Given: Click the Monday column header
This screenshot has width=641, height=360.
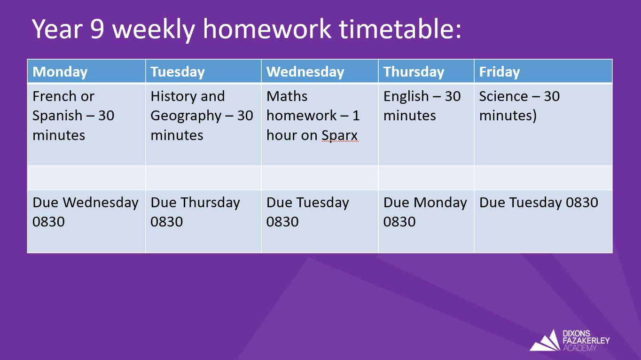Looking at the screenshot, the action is point(86,71).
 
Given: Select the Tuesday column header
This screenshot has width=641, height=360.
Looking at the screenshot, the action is point(203,71).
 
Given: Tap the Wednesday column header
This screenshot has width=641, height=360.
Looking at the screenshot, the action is point(320,71).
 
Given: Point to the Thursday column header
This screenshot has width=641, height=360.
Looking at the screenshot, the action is point(426,71).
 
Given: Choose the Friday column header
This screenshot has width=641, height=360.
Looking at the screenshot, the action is point(543,71).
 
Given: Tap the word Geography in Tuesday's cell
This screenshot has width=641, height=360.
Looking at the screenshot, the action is point(186,116).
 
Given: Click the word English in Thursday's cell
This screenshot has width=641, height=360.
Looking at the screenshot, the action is point(406,97).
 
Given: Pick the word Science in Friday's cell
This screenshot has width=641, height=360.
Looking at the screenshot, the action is point(503,96).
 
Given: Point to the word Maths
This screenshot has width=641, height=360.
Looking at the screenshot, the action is point(287,96).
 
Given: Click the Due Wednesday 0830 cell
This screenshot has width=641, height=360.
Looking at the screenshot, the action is point(86,221).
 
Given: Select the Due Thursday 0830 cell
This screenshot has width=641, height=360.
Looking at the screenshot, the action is point(203,221).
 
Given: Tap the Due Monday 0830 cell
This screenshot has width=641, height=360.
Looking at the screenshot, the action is point(426,221).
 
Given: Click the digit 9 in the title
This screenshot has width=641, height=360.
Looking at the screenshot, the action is point(97,29).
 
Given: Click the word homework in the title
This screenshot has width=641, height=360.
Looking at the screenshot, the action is point(267,29).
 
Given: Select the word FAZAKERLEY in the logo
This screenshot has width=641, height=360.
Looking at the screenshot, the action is point(586,341).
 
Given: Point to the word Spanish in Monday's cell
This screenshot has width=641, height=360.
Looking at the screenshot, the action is point(57,116).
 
